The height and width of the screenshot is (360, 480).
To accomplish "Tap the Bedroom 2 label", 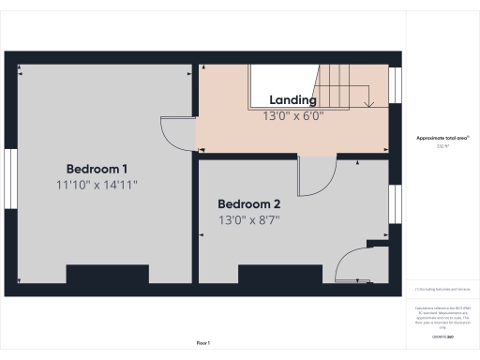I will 249,203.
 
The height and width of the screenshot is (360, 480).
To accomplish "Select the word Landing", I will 292,100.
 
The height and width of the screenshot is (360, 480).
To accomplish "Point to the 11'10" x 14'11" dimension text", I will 97,186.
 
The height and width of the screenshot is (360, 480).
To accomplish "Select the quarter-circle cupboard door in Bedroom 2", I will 352,262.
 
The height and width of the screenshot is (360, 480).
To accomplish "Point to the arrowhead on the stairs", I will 370,104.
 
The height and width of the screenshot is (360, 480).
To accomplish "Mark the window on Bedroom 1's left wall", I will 11,177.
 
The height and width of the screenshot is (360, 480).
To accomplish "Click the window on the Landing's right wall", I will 395,83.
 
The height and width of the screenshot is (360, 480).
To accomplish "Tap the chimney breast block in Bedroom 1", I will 107,274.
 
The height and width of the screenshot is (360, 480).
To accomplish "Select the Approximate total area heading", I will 442,138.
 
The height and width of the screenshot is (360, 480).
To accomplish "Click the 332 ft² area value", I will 442,146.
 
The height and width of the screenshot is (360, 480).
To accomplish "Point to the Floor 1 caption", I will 203,344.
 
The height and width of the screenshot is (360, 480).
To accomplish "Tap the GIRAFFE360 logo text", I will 442,335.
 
